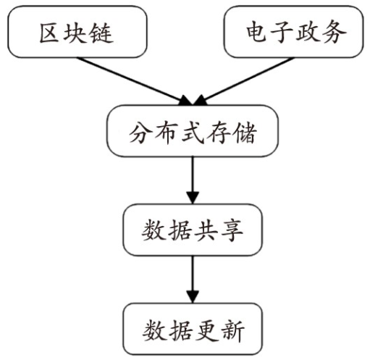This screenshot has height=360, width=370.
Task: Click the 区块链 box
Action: click(x=77, y=32)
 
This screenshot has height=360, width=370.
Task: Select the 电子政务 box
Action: click(x=293, y=32)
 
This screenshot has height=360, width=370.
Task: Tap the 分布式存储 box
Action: click(x=193, y=131)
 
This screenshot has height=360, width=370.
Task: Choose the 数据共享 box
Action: click(x=193, y=230)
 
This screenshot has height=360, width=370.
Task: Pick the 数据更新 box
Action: click(x=193, y=329)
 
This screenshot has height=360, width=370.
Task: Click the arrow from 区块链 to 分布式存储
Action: click(x=135, y=81)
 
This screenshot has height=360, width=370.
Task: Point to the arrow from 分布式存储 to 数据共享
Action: click(x=193, y=180)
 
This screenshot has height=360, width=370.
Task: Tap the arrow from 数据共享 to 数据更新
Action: click(x=193, y=280)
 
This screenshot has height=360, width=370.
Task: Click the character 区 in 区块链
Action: click(x=49, y=33)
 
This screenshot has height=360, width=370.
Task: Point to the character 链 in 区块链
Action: click(x=101, y=33)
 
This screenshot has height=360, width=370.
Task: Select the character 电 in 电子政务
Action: click(x=256, y=32)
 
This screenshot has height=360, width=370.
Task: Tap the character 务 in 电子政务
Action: click(x=335, y=32)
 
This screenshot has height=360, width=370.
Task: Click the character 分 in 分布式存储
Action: click(x=140, y=133)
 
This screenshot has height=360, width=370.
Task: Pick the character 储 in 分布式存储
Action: click(x=245, y=133)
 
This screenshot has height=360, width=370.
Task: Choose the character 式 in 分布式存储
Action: click(x=193, y=133)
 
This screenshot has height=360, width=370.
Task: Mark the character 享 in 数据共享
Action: click(x=232, y=230)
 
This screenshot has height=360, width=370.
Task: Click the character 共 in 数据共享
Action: click(x=206, y=230)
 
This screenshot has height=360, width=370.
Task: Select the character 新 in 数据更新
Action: click(x=233, y=330)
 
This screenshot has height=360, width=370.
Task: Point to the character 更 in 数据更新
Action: click(x=207, y=330)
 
